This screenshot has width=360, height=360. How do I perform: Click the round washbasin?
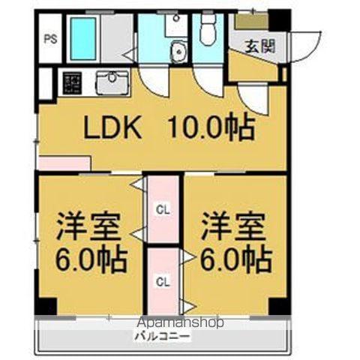178,52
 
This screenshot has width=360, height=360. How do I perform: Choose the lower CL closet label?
163,281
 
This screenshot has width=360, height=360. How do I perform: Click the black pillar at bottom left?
46,307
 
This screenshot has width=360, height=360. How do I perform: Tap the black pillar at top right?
279,19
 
